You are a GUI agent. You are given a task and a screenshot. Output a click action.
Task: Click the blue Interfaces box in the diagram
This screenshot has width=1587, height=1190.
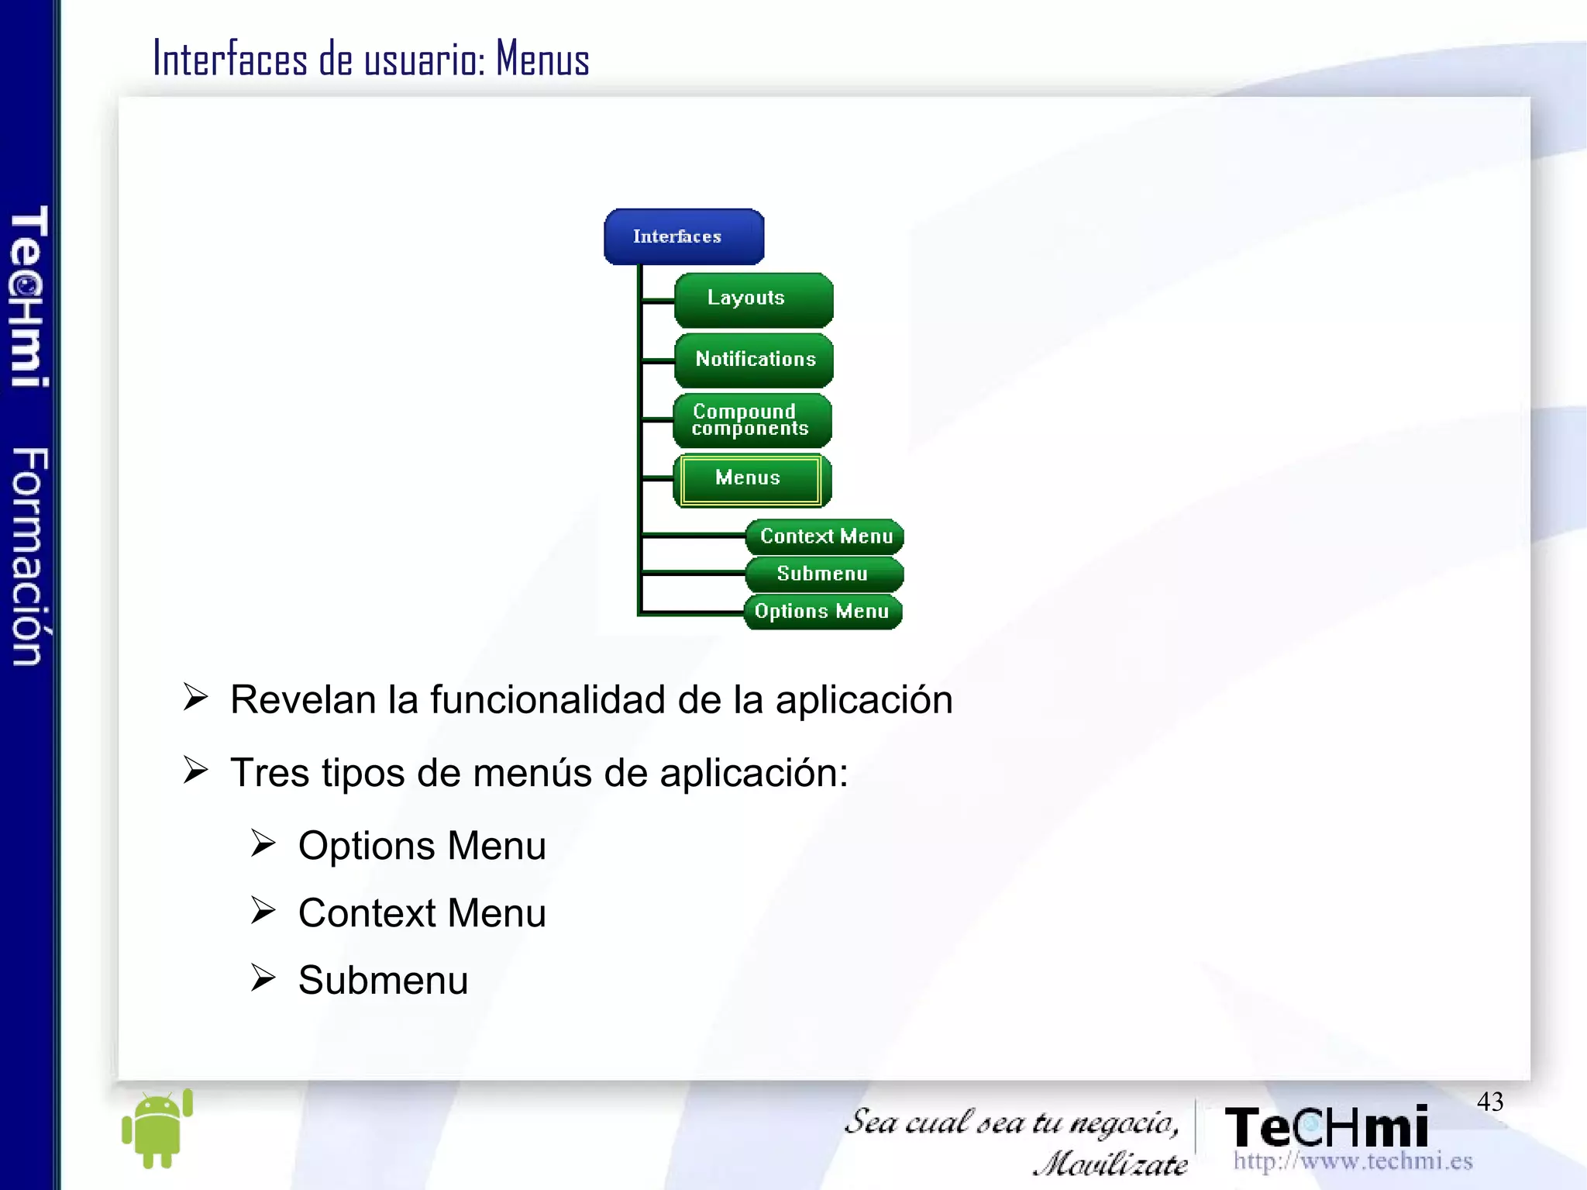(683, 236)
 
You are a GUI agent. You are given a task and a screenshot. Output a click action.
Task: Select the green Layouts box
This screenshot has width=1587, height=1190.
(753, 299)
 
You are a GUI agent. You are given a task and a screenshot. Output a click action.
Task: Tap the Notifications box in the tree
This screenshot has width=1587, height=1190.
(754, 360)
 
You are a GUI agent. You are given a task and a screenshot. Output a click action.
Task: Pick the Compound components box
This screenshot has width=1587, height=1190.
(752, 420)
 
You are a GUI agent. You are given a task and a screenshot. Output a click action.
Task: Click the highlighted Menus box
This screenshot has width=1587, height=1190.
(750, 479)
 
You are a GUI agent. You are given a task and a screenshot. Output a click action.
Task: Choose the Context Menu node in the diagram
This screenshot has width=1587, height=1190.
(824, 536)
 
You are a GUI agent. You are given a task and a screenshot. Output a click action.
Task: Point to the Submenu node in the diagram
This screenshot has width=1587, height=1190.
(824, 574)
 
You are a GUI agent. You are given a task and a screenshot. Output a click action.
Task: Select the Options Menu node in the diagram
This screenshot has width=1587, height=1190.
(822, 612)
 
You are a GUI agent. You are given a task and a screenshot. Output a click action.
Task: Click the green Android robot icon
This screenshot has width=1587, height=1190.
(157, 1128)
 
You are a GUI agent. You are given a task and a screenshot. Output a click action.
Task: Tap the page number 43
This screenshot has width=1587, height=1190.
(1489, 1102)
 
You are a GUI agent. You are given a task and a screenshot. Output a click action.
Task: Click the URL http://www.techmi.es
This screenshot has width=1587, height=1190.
(1352, 1161)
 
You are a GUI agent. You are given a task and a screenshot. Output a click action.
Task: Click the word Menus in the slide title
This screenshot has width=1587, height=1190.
(542, 60)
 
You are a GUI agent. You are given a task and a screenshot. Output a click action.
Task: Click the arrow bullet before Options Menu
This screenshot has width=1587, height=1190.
(263, 843)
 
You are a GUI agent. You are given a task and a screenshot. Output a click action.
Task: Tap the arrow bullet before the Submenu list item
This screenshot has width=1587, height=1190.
(263, 978)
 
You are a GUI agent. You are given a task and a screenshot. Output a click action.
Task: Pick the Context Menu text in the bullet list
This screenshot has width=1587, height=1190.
(422, 913)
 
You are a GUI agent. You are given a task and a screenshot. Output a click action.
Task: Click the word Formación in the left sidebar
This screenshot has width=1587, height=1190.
(29, 556)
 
